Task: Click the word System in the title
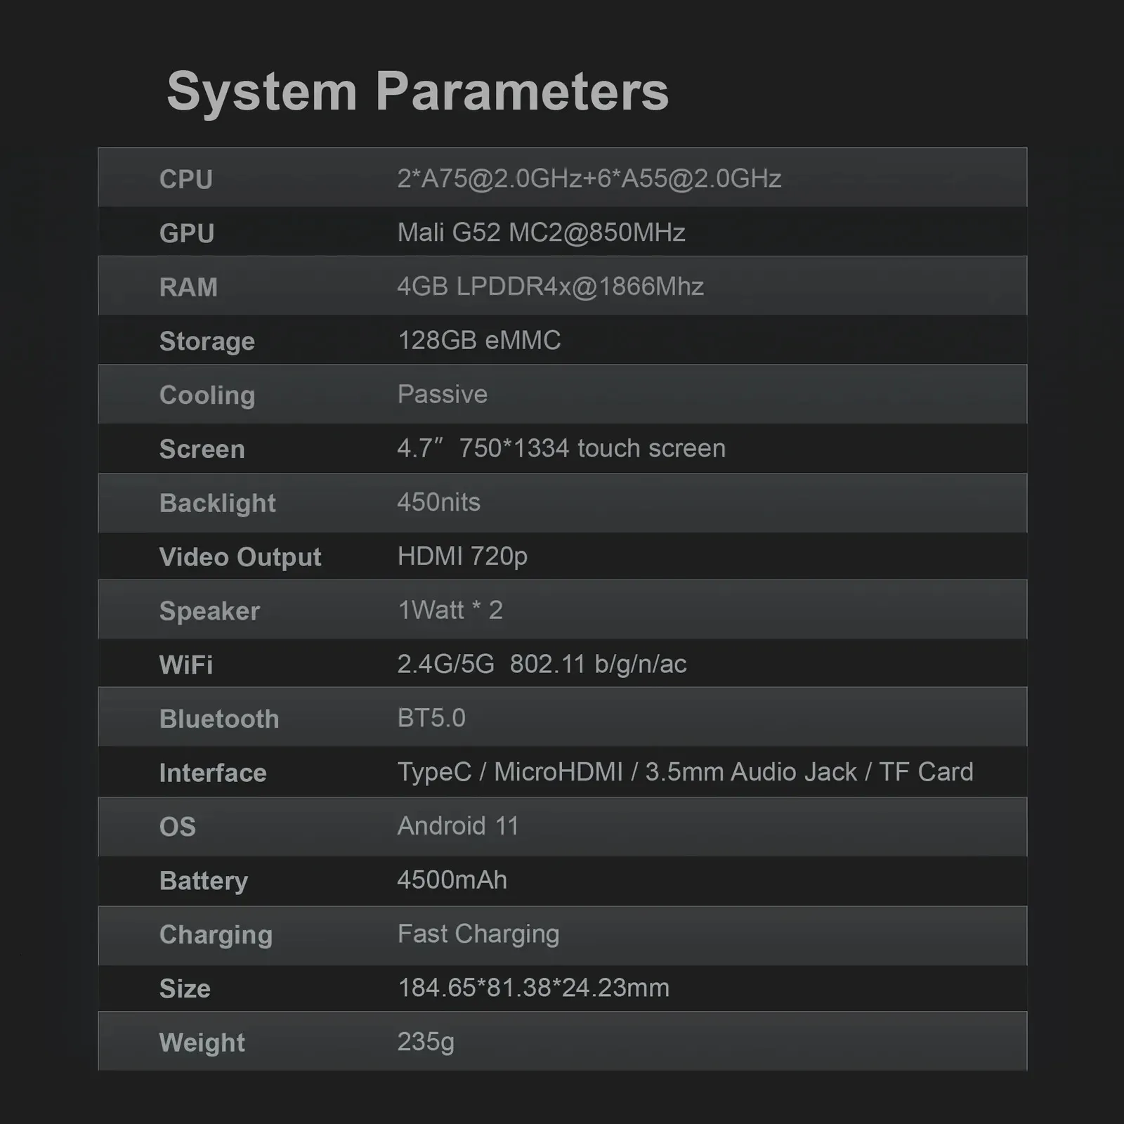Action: click(x=262, y=91)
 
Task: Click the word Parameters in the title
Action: click(x=522, y=91)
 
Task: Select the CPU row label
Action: click(x=186, y=179)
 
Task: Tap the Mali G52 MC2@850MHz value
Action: click(x=541, y=233)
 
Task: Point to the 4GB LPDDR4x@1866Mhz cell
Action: click(x=550, y=287)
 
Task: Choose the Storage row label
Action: click(x=207, y=341)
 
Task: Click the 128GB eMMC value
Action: click(x=479, y=341)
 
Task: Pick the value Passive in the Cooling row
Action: click(x=443, y=395)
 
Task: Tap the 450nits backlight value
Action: click(x=439, y=502)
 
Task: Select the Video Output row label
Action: click(x=240, y=557)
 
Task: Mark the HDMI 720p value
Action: click(x=462, y=556)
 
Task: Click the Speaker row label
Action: click(x=209, y=611)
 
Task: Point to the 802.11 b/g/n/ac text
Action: click(x=599, y=664)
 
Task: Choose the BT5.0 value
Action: click(x=431, y=718)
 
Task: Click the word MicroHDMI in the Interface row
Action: click(x=558, y=772)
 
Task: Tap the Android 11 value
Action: click(x=458, y=826)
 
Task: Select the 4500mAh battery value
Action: click(x=452, y=880)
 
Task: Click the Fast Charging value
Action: click(x=478, y=934)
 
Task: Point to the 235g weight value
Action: click(x=426, y=1042)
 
